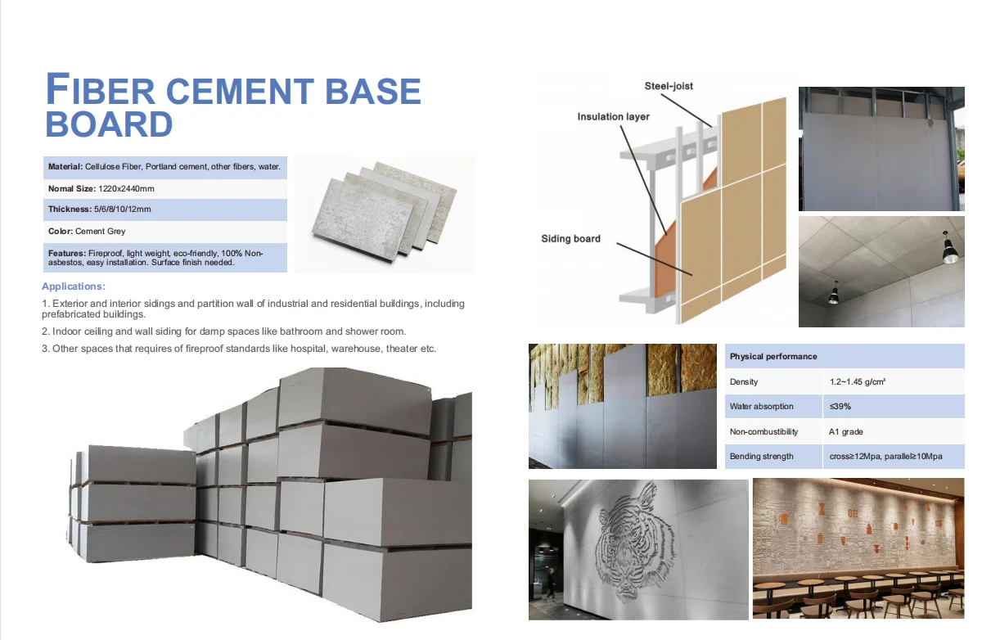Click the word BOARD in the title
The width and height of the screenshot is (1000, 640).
(x=109, y=124)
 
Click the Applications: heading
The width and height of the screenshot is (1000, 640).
(x=74, y=286)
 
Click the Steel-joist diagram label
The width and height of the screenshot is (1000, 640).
(x=669, y=86)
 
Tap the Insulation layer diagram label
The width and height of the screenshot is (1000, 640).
(x=613, y=117)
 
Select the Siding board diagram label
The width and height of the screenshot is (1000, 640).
(x=570, y=239)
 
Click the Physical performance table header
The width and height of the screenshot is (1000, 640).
(x=773, y=357)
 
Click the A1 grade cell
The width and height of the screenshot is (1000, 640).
(x=846, y=431)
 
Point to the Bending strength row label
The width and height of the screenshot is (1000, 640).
(x=761, y=457)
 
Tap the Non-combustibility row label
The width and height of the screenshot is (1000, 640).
(x=764, y=431)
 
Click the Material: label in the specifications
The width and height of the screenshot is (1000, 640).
(x=65, y=167)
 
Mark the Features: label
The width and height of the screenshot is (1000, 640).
(x=67, y=254)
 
